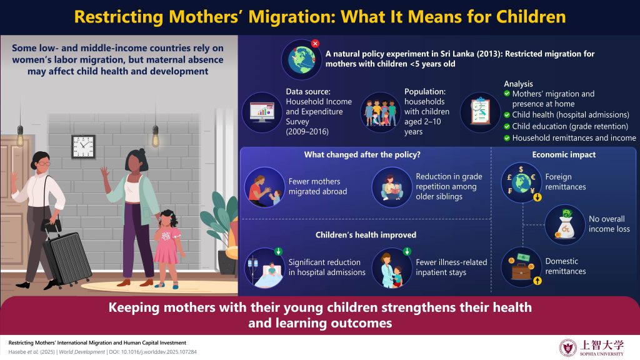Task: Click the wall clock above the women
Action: click(x=84, y=146)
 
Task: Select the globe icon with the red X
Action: click(x=302, y=59)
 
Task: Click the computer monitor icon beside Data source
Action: click(x=262, y=112)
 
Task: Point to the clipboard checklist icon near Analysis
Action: click(x=481, y=112)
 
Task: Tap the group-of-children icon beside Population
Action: click(x=381, y=112)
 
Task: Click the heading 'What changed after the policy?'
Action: click(x=362, y=155)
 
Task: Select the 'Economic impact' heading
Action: click(x=564, y=155)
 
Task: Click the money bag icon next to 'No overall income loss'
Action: click(x=565, y=224)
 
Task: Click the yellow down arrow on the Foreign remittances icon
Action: click(x=537, y=197)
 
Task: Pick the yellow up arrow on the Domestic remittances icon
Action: click(x=537, y=281)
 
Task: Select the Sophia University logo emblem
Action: click(x=567, y=347)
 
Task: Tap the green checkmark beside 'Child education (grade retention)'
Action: click(x=507, y=126)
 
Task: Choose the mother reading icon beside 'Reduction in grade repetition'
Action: click(x=392, y=187)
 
